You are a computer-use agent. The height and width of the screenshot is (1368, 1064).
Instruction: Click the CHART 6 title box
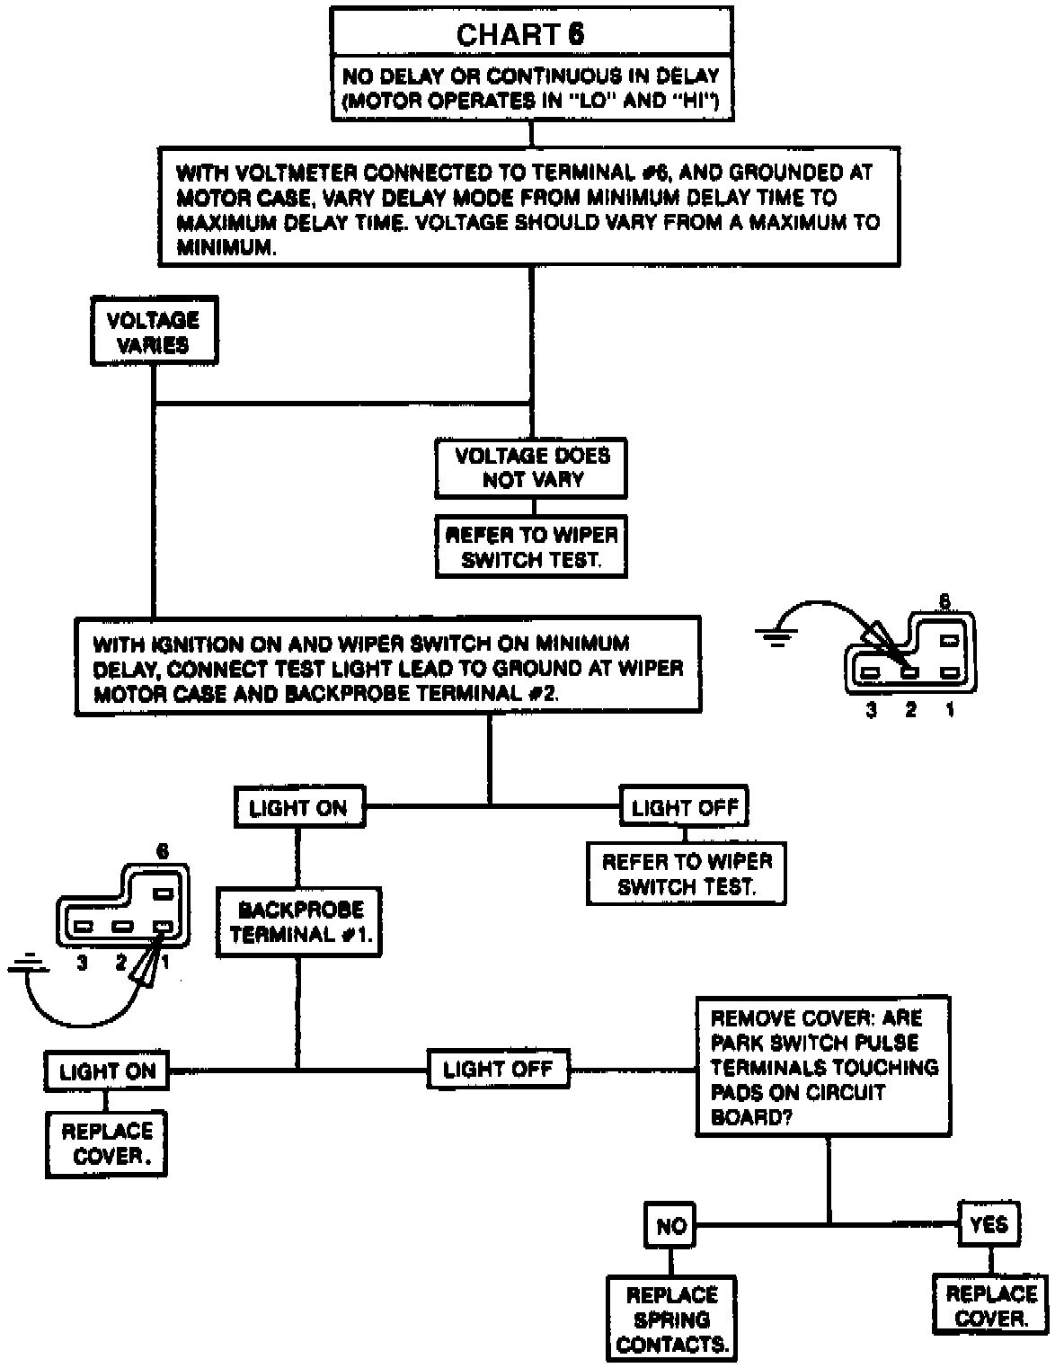click(x=530, y=34)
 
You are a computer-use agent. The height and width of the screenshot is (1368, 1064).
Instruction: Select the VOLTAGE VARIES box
click(x=154, y=333)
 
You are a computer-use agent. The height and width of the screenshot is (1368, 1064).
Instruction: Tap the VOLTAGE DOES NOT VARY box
click(x=531, y=467)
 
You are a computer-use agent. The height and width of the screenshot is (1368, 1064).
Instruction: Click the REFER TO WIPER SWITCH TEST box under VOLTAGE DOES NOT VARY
click(x=531, y=546)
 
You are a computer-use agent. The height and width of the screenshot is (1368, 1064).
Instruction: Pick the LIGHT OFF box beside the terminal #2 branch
click(x=684, y=807)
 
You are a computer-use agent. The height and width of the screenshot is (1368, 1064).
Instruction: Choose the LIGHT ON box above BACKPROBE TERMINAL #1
click(x=298, y=807)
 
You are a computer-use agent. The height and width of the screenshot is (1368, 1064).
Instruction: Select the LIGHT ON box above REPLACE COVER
click(x=107, y=1071)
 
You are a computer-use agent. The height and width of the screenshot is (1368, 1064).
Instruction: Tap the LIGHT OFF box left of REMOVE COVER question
click(x=498, y=1069)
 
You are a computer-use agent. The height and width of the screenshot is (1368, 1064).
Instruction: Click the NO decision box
click(x=671, y=1225)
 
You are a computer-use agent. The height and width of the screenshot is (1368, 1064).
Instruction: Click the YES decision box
click(x=989, y=1223)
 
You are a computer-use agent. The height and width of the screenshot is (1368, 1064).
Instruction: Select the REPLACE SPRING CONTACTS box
click(x=671, y=1319)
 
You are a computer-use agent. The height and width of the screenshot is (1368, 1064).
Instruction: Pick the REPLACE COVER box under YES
click(x=991, y=1305)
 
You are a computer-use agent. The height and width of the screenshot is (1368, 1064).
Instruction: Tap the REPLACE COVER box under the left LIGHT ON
click(x=107, y=1143)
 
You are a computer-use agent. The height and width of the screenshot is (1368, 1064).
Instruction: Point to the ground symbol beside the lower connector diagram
click(x=28, y=966)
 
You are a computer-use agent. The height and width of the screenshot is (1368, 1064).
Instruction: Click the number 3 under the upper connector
click(x=870, y=710)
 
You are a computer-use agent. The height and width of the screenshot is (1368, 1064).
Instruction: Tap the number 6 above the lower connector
click(x=162, y=850)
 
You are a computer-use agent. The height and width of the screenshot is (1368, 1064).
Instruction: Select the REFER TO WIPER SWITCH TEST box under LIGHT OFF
click(x=687, y=874)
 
